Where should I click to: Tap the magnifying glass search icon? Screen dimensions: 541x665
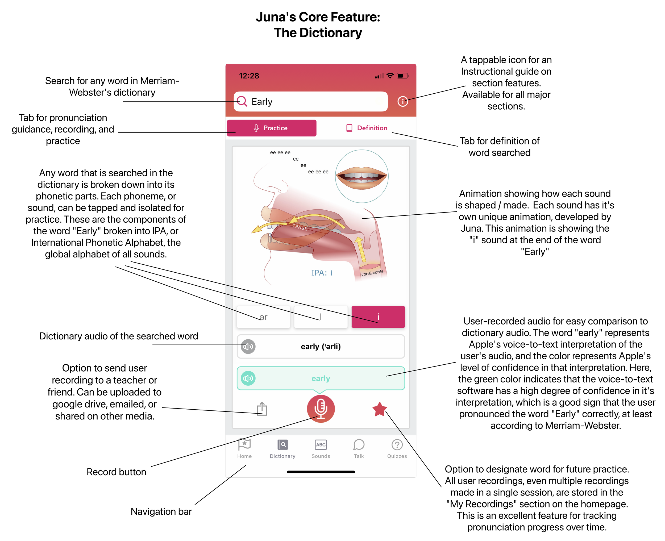(242, 101)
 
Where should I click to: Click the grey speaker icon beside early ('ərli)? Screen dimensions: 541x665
(248, 347)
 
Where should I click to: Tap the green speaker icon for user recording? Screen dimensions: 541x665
(248, 378)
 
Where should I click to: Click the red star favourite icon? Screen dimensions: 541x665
(379, 409)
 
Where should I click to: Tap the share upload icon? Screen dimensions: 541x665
(262, 409)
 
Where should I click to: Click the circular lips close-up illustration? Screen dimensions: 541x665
(361, 176)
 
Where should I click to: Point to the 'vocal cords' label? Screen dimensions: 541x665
(372, 273)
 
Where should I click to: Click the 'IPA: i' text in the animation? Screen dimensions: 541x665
(322, 273)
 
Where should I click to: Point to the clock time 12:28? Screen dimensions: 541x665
(249, 76)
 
